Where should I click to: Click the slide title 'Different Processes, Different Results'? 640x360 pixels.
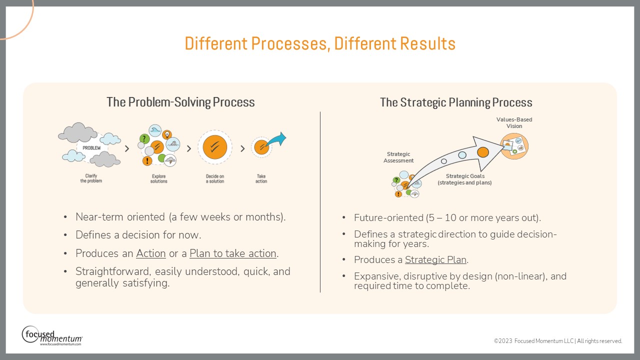coord(320,44)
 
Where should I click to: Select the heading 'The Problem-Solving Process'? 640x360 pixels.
coord(180,102)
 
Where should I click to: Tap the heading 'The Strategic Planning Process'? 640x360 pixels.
coord(456,103)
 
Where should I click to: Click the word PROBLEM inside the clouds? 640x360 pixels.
coord(91,148)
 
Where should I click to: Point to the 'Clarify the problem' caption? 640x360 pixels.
coord(91,178)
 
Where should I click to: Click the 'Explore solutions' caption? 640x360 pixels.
coord(159,178)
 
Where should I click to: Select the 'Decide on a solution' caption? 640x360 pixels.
coord(215,178)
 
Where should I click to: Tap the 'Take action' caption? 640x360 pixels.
coord(261,178)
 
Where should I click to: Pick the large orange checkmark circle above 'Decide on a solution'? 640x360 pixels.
coord(215,147)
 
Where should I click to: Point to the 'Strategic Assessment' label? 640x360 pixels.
coord(398,157)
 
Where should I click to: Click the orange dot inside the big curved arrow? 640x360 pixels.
coord(483,151)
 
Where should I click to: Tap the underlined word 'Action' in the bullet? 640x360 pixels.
coord(151,253)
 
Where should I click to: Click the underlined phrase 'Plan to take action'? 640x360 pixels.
coord(233,253)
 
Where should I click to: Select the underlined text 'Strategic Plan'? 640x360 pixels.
coord(435,260)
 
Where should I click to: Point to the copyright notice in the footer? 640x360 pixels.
coord(557,341)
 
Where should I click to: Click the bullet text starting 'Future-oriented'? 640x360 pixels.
coord(447,218)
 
